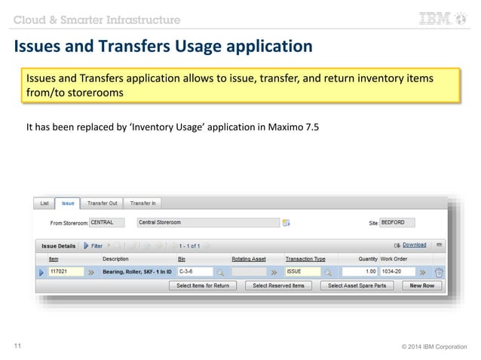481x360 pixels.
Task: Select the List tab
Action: click(x=44, y=203)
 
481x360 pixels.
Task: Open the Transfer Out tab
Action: click(x=102, y=203)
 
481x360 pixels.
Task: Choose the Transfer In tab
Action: click(x=143, y=203)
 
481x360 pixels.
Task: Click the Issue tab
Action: click(x=68, y=203)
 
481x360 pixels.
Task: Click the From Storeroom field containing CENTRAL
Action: click(x=110, y=223)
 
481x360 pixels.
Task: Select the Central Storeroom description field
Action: click(x=207, y=223)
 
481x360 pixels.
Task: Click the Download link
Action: click(x=414, y=245)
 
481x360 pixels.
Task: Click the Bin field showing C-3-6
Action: click(x=195, y=272)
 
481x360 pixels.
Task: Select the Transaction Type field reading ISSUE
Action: click(x=302, y=272)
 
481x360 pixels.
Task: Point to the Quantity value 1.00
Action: click(x=360, y=272)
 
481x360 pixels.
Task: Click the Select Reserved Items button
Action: click(x=278, y=286)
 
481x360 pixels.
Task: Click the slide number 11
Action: click(x=18, y=346)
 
